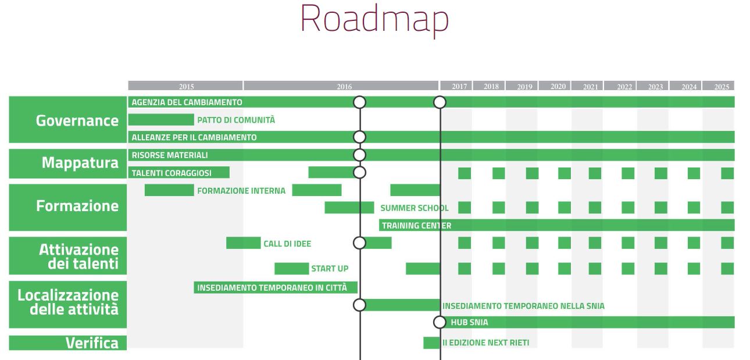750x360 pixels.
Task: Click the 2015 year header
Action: (x=186, y=87)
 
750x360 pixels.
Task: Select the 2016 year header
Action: (x=344, y=87)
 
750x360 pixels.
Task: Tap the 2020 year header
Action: (x=558, y=87)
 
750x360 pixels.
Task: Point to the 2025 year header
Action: (x=722, y=87)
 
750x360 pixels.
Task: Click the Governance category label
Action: (x=77, y=120)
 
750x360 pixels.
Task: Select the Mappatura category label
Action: (x=80, y=163)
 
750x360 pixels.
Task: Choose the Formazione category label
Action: (x=77, y=206)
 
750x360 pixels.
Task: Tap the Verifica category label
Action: (x=92, y=343)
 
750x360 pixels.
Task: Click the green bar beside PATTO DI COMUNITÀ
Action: (x=161, y=120)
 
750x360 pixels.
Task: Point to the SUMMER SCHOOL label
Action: (x=414, y=208)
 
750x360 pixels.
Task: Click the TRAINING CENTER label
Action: (x=416, y=226)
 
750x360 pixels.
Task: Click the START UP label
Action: (x=330, y=269)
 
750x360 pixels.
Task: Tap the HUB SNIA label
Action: (x=469, y=322)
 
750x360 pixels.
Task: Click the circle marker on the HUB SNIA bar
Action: (x=440, y=322)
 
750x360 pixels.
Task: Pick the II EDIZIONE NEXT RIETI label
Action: (x=485, y=343)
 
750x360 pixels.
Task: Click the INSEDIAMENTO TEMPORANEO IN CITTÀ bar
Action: (x=275, y=287)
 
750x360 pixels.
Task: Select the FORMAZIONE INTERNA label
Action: (x=241, y=190)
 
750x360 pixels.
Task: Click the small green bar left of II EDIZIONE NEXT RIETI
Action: (x=431, y=343)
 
